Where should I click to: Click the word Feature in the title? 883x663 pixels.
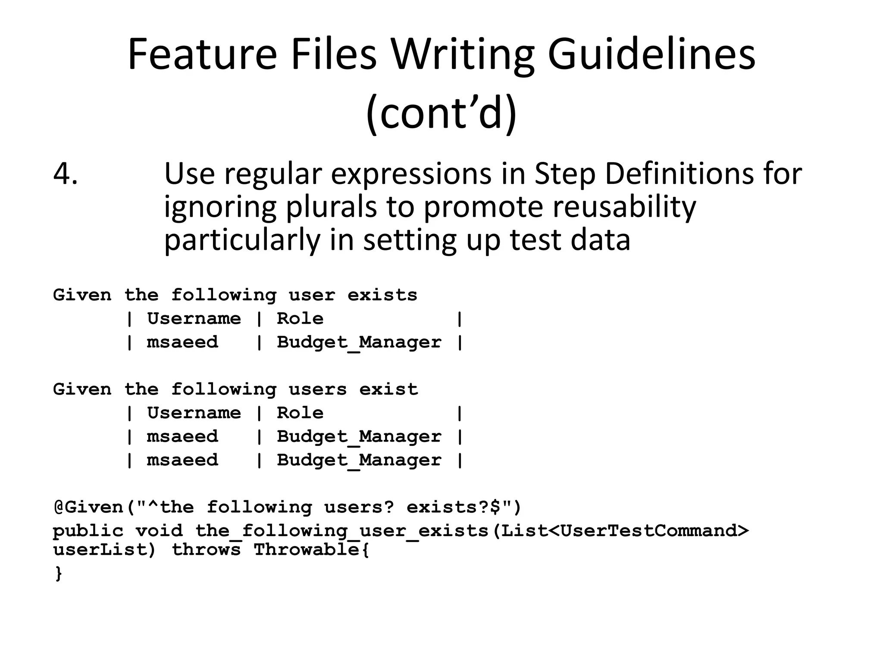point(202,54)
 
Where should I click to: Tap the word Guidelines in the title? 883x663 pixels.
point(651,54)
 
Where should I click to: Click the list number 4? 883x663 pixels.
point(66,174)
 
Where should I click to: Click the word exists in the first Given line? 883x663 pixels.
point(382,295)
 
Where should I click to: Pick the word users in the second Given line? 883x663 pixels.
point(318,389)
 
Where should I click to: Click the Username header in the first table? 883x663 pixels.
point(194,319)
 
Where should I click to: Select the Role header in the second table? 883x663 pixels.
point(300,413)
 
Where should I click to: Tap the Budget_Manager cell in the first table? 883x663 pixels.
point(359,342)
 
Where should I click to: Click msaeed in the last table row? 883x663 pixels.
point(182,460)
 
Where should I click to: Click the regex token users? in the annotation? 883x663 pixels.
point(359,507)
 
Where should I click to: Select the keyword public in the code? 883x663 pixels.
point(88,530)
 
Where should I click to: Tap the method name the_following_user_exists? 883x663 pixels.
point(342,530)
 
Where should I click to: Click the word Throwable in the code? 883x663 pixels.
point(307,550)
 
